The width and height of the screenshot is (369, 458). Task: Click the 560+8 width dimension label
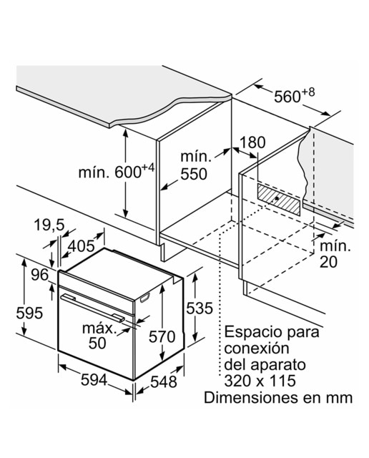click(294, 95)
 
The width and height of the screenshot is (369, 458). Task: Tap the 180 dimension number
click(252, 142)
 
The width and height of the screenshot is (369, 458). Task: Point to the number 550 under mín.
click(194, 174)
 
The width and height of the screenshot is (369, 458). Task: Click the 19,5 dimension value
click(49, 225)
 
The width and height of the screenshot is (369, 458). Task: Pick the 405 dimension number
click(81, 246)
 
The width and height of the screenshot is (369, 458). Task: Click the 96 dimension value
click(39, 275)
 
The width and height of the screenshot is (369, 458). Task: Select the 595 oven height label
click(29, 313)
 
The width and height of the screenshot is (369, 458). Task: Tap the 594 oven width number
click(94, 380)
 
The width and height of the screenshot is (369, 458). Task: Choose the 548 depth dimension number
click(164, 381)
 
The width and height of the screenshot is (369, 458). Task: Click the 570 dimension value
click(162, 336)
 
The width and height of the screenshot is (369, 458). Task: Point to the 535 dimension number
click(200, 308)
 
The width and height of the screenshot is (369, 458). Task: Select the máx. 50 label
click(99, 336)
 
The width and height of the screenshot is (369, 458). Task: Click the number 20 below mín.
click(328, 262)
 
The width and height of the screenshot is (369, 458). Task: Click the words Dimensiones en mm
click(278, 398)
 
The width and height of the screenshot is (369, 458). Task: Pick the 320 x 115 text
click(260, 381)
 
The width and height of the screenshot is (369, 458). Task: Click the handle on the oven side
click(144, 298)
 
